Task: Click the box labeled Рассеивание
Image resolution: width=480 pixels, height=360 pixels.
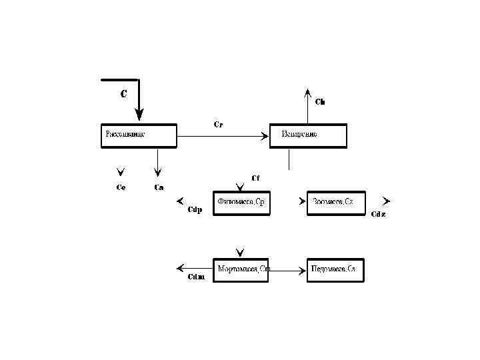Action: pyautogui.click(x=139, y=135)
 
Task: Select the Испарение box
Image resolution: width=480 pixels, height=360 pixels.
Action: pyautogui.click(x=308, y=135)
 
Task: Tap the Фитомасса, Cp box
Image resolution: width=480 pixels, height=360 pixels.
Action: pyautogui.click(x=242, y=203)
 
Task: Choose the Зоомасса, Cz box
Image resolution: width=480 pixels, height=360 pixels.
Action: pyautogui.click(x=336, y=203)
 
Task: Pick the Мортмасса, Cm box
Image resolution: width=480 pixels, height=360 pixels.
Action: pyautogui.click(x=241, y=270)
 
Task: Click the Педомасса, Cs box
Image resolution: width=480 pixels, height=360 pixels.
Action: pyautogui.click(x=336, y=270)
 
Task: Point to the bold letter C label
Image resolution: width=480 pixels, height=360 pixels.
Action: pyautogui.click(x=124, y=94)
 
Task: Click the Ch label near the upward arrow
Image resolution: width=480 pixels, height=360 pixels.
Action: pyautogui.click(x=320, y=102)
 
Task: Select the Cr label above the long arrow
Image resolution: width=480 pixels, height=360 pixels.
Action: pyautogui.click(x=218, y=124)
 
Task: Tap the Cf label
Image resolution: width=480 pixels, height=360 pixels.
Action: pyautogui.click(x=255, y=177)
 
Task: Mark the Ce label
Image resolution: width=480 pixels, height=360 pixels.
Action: pyautogui.click(x=121, y=187)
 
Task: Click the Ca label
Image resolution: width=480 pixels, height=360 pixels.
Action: pyautogui.click(x=159, y=187)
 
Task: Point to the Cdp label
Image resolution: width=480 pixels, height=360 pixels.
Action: pyautogui.click(x=195, y=210)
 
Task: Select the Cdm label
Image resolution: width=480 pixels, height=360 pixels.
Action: pyautogui.click(x=195, y=277)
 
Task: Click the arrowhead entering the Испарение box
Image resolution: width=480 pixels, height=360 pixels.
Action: pyautogui.click(x=265, y=136)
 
